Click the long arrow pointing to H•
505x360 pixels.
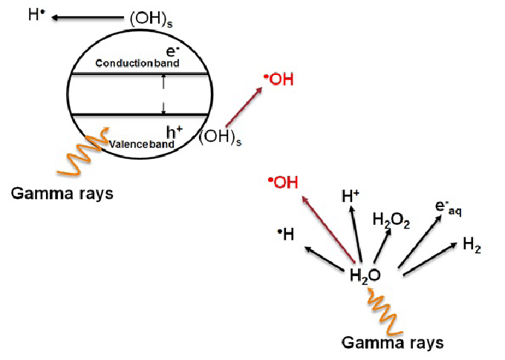coord(88,16)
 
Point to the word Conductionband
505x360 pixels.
coord(137,64)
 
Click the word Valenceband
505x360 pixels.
coord(141,143)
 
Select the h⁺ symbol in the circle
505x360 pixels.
coord(175,132)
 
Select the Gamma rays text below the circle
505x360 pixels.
coord(62,193)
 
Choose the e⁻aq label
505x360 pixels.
coord(448,209)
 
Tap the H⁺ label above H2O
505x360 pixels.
coord(351,196)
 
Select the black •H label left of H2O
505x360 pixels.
coord(286,235)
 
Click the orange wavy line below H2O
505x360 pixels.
coord(384,312)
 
